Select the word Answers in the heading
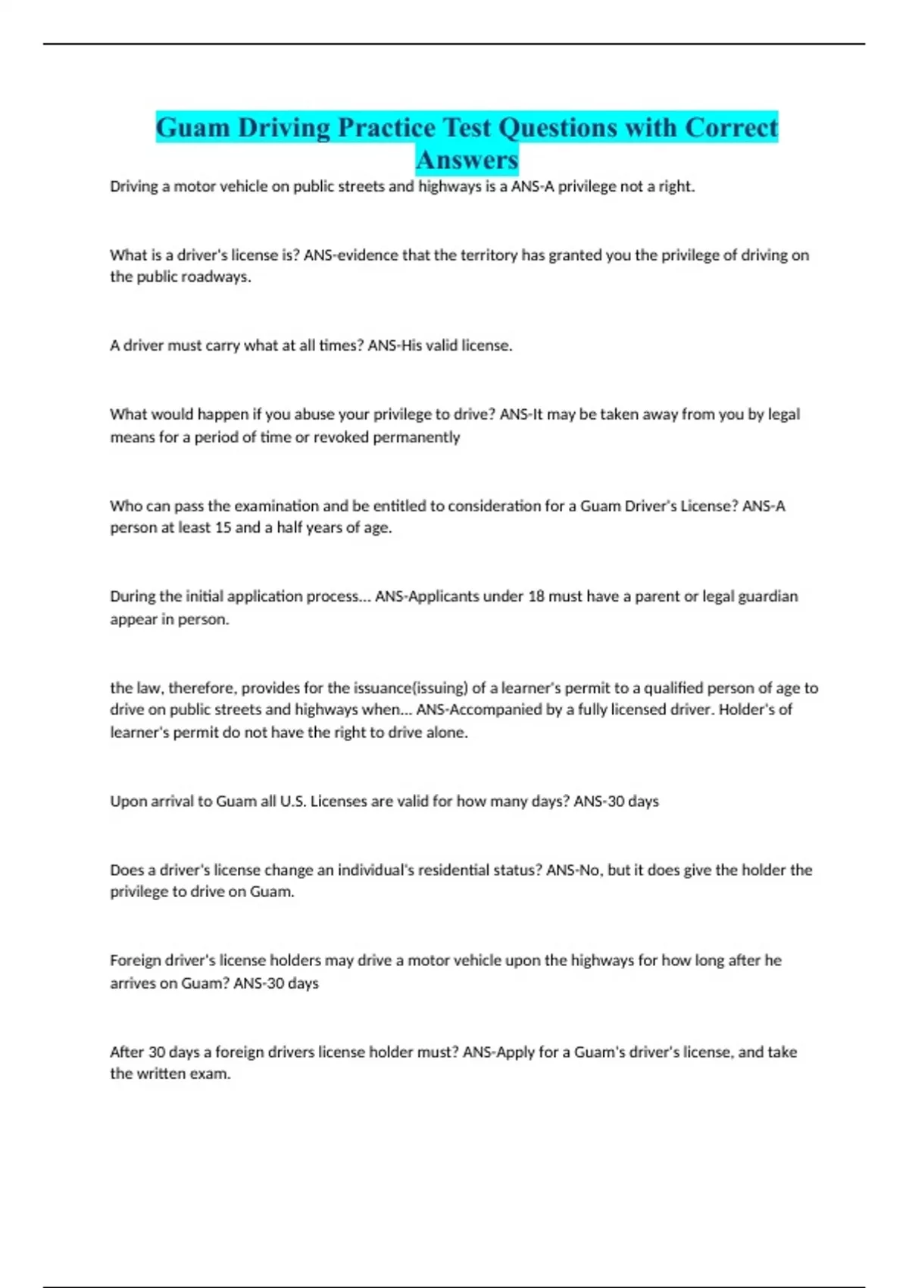pos(467,160)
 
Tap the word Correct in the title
pos(731,127)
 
